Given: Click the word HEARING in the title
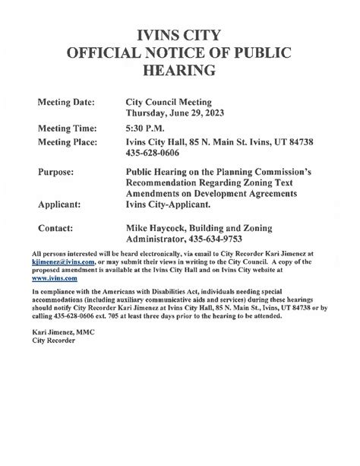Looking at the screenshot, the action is (x=179, y=71).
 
